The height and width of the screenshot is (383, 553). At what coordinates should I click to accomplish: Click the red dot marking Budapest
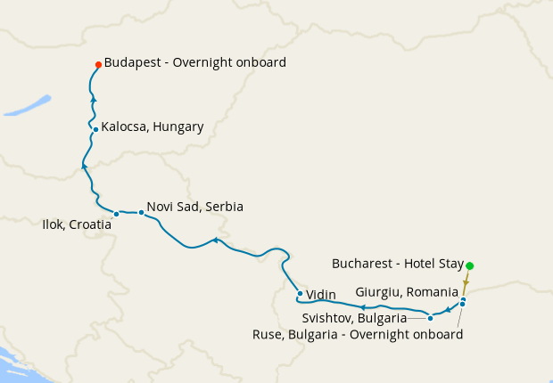point(98,64)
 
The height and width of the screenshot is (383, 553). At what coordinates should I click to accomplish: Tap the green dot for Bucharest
point(470,265)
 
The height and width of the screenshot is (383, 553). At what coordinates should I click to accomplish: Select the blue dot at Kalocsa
point(95,129)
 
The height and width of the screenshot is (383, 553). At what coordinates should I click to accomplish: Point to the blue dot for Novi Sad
point(141,212)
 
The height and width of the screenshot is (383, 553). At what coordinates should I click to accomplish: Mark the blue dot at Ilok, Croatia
point(116,214)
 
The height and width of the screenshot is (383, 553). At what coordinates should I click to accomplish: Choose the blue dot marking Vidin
point(300,293)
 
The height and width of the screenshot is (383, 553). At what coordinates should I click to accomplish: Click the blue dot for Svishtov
point(430,318)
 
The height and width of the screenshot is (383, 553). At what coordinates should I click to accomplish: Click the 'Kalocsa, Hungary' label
point(152,126)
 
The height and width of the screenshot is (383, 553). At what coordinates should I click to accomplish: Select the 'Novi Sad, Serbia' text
point(194,207)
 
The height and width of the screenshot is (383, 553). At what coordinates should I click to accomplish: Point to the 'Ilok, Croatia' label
point(77,224)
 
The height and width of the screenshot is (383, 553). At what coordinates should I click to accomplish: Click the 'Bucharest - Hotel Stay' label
point(398,264)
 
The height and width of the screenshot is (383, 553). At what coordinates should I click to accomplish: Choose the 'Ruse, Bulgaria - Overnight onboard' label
point(358,335)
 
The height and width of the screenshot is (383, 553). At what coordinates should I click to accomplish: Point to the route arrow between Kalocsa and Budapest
point(93,99)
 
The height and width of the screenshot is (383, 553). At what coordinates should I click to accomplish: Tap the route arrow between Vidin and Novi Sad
point(215,240)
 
